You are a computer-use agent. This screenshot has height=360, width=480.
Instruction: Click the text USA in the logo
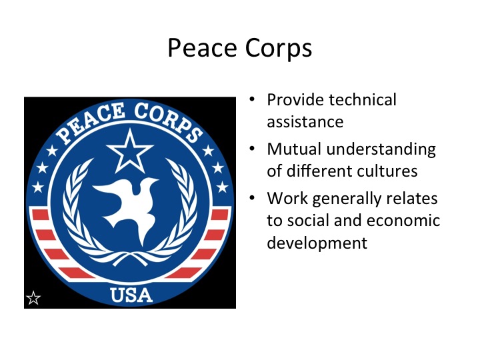(131, 294)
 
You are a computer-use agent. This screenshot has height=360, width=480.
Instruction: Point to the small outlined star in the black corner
(33, 297)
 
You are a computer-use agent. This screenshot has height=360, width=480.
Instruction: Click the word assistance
(305, 121)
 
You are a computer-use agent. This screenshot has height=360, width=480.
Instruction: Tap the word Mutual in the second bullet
(292, 149)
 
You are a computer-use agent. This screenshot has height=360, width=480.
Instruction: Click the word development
(317, 242)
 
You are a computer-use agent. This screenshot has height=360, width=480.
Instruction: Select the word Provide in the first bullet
(294, 100)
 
